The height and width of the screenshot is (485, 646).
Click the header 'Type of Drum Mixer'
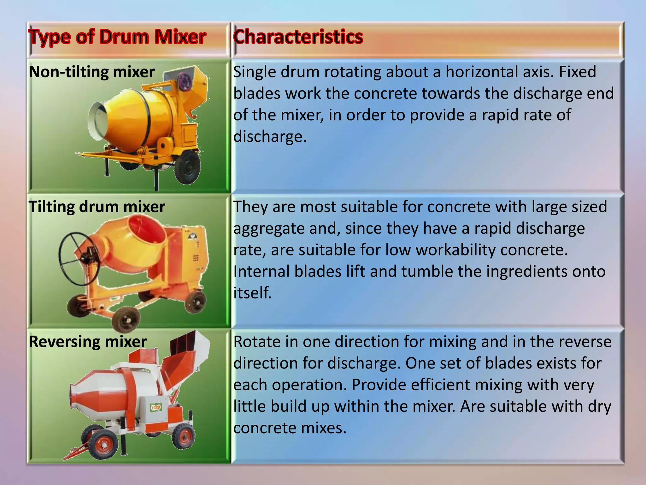pyautogui.click(x=117, y=37)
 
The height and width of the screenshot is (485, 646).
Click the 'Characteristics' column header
pyautogui.click(x=298, y=37)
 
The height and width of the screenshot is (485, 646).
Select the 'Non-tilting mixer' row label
pyautogui.click(x=91, y=72)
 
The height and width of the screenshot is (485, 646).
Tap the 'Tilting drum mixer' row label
pyautogui.click(x=97, y=207)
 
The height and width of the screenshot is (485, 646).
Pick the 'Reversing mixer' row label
pyautogui.click(x=88, y=342)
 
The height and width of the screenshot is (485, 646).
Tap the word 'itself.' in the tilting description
pyautogui.click(x=252, y=293)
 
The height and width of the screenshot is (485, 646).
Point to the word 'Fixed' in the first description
pyautogui.click(x=577, y=72)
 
